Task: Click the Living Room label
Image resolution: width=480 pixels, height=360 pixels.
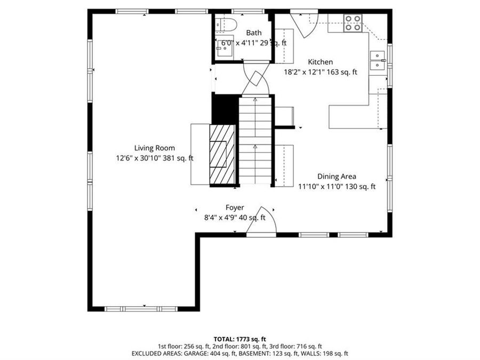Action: click(154, 148)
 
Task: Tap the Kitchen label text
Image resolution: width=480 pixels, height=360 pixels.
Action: click(320, 62)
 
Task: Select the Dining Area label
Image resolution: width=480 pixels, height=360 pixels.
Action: click(337, 177)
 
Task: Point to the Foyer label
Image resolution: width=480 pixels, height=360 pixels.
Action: click(235, 207)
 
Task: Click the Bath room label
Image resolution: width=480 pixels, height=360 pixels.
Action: click(254, 33)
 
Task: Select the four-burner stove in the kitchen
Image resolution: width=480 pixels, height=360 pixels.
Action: click(353, 23)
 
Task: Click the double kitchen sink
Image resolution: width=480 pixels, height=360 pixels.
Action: click(378, 60)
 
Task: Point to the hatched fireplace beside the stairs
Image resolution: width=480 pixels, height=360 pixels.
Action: click(222, 154)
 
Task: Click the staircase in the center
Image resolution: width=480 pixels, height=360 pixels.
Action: click(255, 140)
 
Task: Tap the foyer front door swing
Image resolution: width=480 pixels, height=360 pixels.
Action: click(261, 220)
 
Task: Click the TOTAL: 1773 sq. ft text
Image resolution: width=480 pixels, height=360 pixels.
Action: click(239, 339)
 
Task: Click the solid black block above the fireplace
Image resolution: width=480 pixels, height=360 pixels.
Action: click(225, 109)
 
